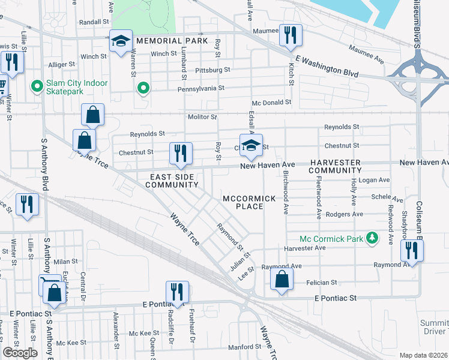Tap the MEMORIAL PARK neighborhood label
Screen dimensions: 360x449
171,41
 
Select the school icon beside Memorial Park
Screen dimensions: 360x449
120,42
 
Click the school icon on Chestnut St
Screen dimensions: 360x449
252,145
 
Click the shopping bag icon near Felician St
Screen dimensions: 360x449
281,279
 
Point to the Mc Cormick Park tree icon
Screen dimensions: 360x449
373,239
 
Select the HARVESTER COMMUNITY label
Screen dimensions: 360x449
335,167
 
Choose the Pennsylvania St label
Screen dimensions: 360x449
200,88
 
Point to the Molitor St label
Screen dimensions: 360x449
202,116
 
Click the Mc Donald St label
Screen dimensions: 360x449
271,102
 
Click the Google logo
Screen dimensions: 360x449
20,353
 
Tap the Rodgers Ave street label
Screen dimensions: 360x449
344,214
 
